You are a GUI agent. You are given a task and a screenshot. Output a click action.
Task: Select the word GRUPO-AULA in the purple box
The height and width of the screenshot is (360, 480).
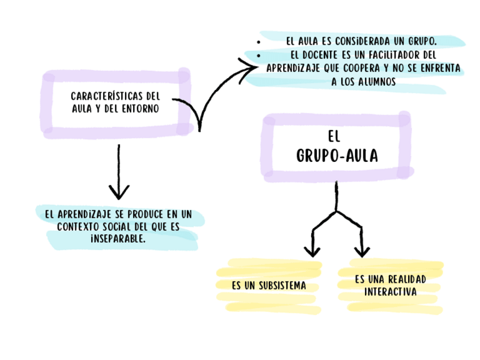tap(337, 156)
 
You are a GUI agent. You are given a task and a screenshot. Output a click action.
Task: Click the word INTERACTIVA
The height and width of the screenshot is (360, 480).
tap(391, 292)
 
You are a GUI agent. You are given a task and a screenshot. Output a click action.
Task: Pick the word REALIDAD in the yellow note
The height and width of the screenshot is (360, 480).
tap(405, 280)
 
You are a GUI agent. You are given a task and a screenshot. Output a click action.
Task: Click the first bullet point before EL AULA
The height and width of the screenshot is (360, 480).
tap(258, 42)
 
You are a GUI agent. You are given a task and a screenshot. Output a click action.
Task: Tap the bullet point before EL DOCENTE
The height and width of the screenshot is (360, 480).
tap(258, 56)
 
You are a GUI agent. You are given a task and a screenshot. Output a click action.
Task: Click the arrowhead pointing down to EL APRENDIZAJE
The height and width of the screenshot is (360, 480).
tap(119, 192)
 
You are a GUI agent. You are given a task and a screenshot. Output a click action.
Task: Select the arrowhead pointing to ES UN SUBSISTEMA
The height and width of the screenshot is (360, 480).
tap(312, 251)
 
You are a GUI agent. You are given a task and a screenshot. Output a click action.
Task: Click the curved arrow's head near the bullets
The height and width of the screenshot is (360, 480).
tap(252, 68)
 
